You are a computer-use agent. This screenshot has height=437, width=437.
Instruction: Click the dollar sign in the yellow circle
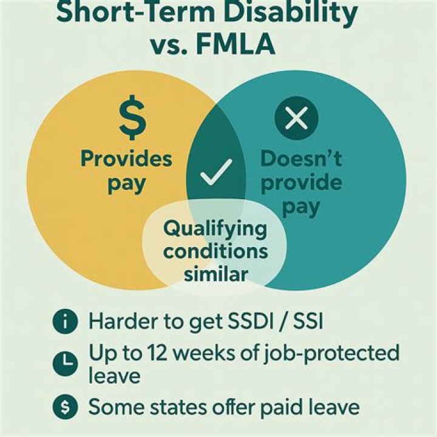[132, 121]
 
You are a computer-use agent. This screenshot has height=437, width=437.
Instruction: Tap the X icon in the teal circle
[296, 117]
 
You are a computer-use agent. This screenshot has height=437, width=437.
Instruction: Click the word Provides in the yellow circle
[126, 159]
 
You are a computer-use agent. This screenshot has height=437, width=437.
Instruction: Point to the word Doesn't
[301, 159]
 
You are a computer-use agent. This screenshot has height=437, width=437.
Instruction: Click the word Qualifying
[215, 230]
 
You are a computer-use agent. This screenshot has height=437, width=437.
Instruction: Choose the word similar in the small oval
[215, 274]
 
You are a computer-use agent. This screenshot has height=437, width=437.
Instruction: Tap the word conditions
[215, 252]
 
